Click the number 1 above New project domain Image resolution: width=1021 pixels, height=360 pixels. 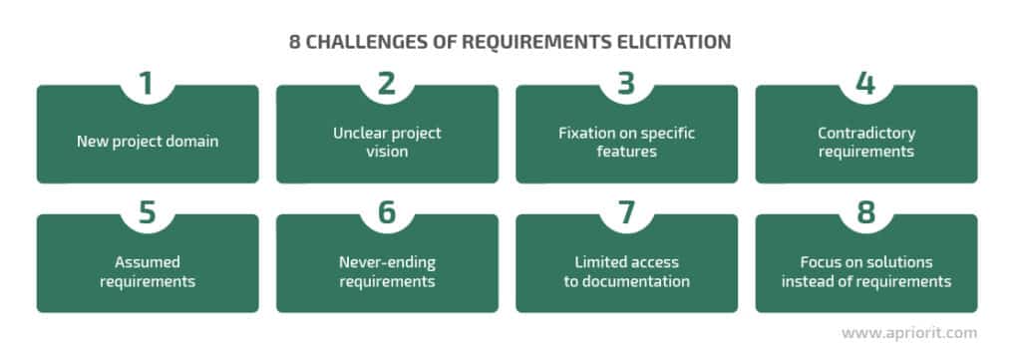147,84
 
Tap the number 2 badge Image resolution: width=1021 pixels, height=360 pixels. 387,84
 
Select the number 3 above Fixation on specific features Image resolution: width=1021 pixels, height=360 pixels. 626,84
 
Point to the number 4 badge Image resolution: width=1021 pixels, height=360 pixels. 866,84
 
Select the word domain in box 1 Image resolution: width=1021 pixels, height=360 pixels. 192,142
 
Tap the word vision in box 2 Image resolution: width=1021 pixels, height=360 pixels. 386,151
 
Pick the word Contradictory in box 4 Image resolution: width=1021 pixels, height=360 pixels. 865,133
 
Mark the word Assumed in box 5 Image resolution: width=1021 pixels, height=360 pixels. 147,262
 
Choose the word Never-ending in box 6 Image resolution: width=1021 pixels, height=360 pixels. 386,262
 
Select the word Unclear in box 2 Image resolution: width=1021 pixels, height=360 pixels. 358,133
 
